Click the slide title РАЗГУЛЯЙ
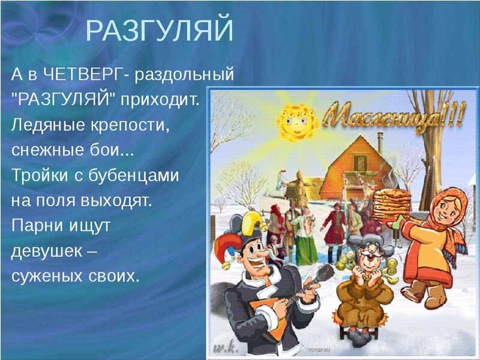click(x=160, y=31)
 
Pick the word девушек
click(x=45, y=251)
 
